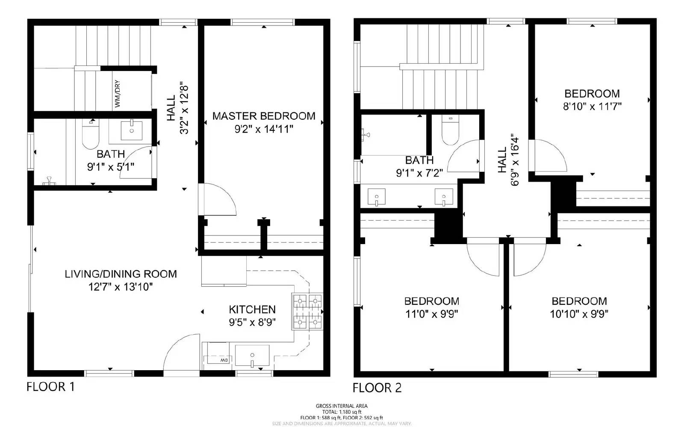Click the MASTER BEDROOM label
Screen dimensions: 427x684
pyautogui.click(x=264, y=116)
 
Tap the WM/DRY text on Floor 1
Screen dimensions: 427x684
pyautogui.click(x=118, y=94)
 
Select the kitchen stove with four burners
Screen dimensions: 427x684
pyautogui.click(x=307, y=312)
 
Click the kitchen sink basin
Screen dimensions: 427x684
pyautogui.click(x=252, y=356)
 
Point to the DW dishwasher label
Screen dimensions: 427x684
pyautogui.click(x=224, y=360)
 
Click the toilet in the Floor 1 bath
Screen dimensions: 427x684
pyautogui.click(x=90, y=135)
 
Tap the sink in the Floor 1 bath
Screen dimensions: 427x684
pyautogui.click(x=132, y=130)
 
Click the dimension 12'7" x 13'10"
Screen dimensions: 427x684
pyautogui.click(x=121, y=287)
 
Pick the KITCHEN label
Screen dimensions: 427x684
pyautogui.click(x=252, y=309)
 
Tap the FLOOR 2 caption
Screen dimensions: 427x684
pyautogui.click(x=377, y=388)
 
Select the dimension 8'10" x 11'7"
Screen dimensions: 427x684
pyautogui.click(x=592, y=106)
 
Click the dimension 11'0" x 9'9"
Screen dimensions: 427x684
pyautogui.click(x=432, y=314)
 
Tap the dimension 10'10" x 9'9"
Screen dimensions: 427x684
pyautogui.click(x=579, y=314)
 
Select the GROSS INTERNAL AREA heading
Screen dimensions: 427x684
pyautogui.click(x=342, y=406)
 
